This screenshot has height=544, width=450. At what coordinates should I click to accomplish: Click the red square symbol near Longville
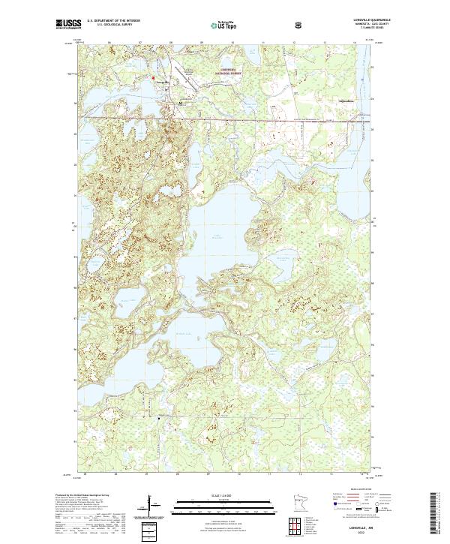(153, 77)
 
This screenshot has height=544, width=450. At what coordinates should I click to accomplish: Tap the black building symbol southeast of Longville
(182, 100)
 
